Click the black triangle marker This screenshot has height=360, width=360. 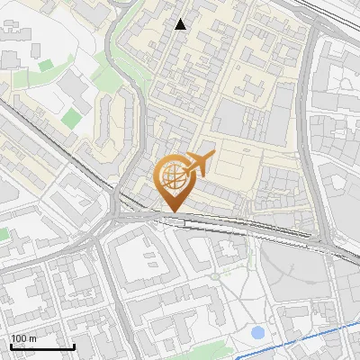(181, 24)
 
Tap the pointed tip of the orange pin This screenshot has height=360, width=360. (173, 211)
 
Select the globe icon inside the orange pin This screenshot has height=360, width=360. (173, 176)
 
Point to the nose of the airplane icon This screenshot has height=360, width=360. (212, 155)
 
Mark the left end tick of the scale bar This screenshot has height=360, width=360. (10, 346)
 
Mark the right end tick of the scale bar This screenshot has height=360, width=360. (74, 346)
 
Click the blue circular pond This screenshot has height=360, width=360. (258, 333)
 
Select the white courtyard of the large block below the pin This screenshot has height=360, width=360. (143, 262)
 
